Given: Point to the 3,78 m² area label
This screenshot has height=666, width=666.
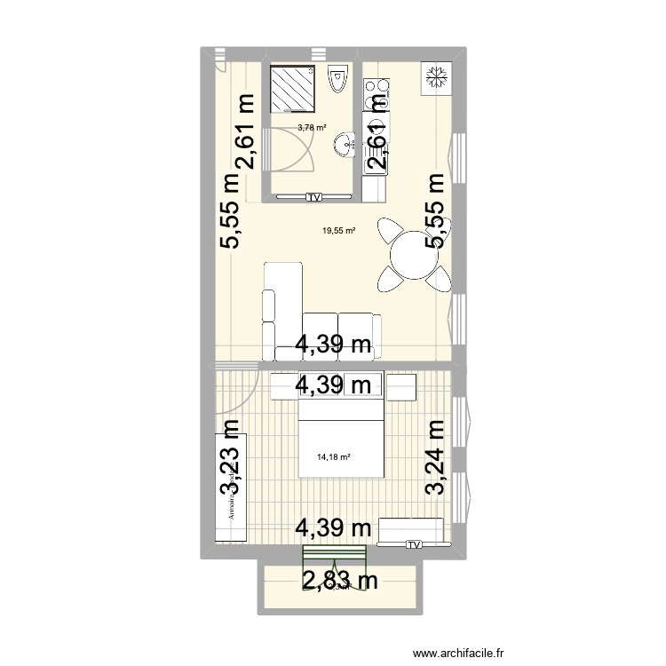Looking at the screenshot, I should (x=312, y=127).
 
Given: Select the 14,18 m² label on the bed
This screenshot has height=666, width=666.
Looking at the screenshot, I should (x=334, y=458).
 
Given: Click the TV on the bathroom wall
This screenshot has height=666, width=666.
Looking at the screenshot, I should (x=313, y=196).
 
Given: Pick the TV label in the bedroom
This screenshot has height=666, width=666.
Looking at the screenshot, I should (x=414, y=546).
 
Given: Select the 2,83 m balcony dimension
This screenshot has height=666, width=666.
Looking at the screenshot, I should (x=341, y=581).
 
